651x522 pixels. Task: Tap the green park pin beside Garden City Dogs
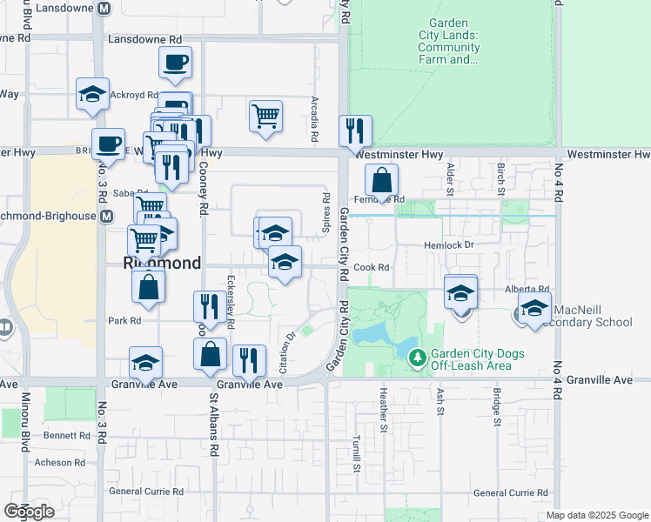pyautogui.click(x=418, y=357)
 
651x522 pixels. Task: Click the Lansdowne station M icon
pyautogui.click(x=104, y=8)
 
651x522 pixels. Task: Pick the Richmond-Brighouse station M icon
pyautogui.click(x=107, y=216)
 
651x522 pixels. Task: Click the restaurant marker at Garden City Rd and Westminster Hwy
pyautogui.click(x=354, y=131)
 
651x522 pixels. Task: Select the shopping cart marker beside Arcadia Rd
pyautogui.click(x=265, y=116)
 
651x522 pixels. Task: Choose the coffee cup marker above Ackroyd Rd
pyautogui.click(x=175, y=63)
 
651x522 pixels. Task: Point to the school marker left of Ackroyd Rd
pyautogui.click(x=92, y=95)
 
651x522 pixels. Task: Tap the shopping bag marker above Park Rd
pyautogui.click(x=149, y=285)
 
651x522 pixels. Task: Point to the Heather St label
pyautogui.click(x=383, y=409)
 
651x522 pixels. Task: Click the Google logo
pyautogui.click(x=29, y=512)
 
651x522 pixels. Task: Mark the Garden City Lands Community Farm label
pyautogui.click(x=449, y=43)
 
